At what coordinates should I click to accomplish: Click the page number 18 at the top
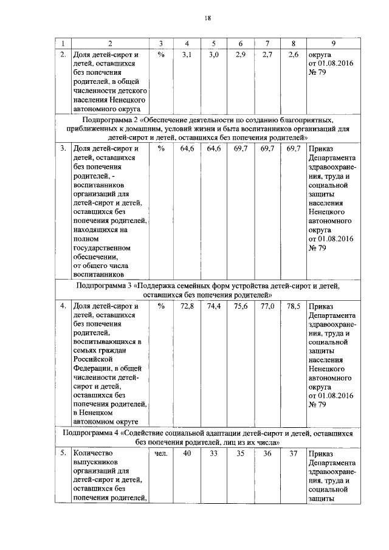pos(207,19)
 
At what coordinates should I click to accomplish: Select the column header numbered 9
pos(334,43)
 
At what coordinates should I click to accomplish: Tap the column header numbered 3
pos(160,43)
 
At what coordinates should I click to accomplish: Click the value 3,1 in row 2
pos(187,54)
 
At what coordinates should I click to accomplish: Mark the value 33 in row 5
pos(213,453)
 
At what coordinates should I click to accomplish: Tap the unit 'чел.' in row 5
pos(160,453)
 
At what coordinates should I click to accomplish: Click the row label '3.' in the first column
pos(63,148)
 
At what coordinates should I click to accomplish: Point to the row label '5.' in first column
pos(63,453)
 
